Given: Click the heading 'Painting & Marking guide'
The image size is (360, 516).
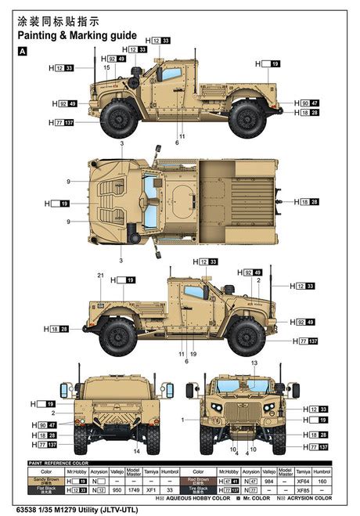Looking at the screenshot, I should coord(77,35).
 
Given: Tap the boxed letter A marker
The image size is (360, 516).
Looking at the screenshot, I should coord(21,51).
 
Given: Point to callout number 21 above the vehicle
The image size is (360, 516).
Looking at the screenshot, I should coord(100,276).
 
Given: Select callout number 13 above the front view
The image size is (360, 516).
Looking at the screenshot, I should coord(254,364).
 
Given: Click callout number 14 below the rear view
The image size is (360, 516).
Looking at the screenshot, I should coord(136,452).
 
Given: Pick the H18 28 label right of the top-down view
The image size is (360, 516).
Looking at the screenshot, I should coord(308,202).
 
